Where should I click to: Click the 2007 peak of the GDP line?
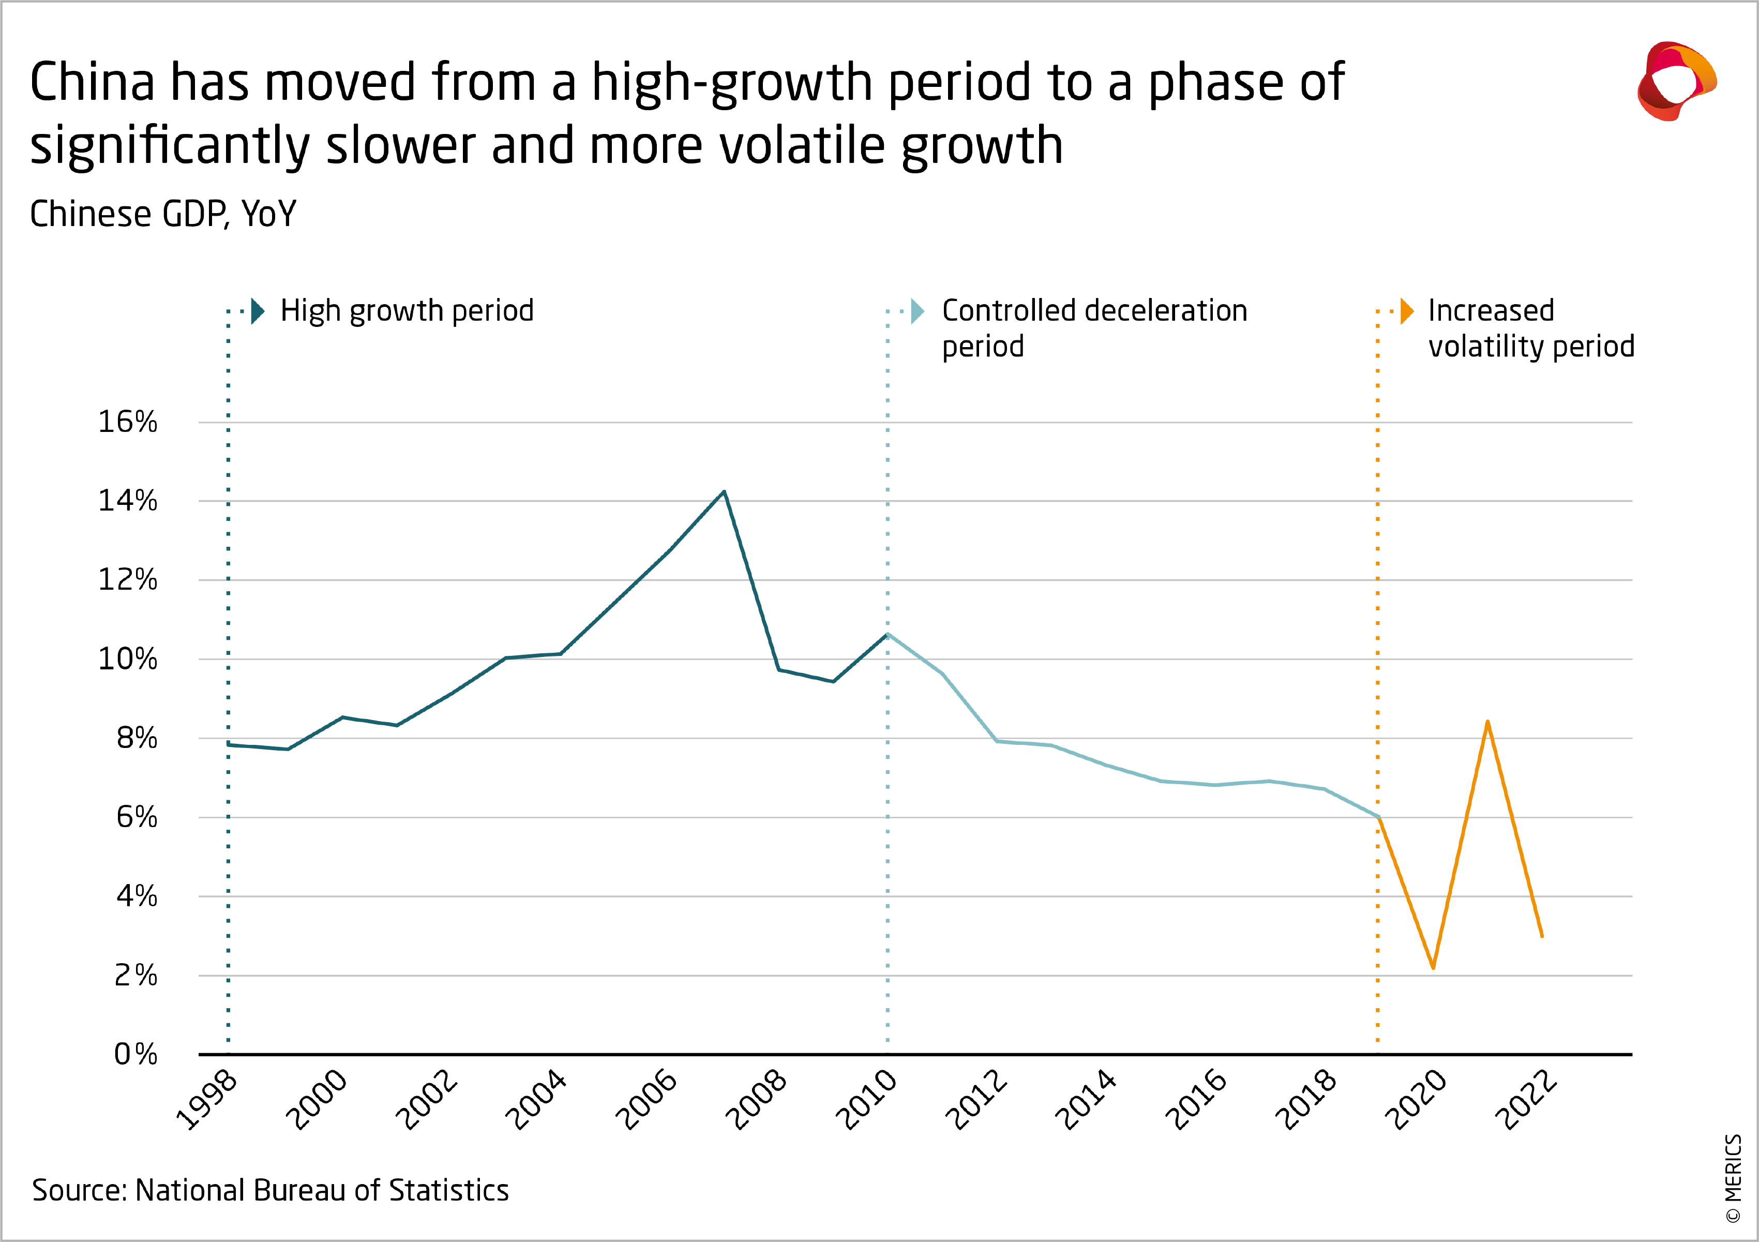724,492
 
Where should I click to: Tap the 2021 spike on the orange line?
1487,722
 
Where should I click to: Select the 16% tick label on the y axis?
127,422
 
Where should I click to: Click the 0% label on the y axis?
136,1054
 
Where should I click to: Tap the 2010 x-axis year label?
866,1100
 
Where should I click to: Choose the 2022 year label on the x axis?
1526,1100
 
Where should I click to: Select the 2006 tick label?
646,1100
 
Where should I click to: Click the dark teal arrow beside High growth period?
258,311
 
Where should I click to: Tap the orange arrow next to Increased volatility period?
1407,311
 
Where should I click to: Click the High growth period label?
407,311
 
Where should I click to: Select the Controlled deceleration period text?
1094,328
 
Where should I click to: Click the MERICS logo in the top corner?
1676,81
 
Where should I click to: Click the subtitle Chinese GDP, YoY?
162,214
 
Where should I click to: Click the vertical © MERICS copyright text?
1733,1178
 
